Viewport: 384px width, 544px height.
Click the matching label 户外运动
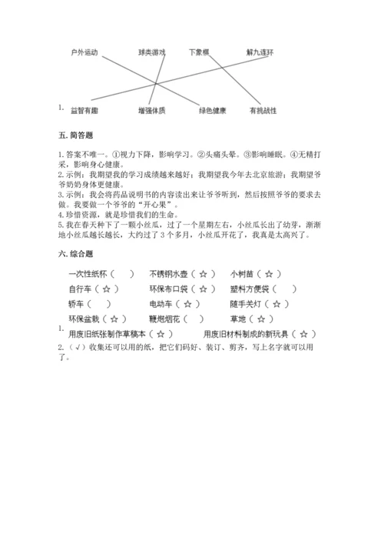[x=84, y=52]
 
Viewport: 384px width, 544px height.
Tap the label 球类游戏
[x=151, y=52]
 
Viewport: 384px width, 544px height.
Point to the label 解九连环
[x=260, y=52]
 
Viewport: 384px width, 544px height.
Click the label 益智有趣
[x=84, y=111]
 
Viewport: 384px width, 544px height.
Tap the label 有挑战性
[x=263, y=111]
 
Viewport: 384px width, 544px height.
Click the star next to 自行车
[x=108, y=289]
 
